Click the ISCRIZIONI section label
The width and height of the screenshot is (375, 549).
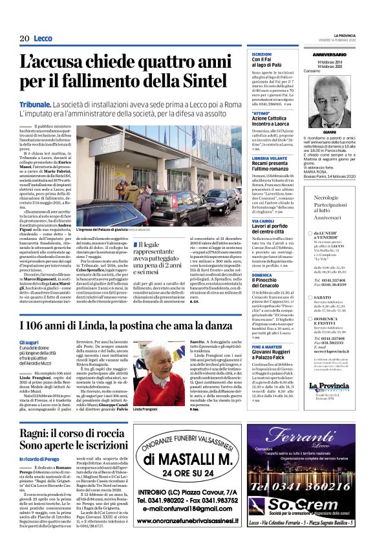[x=262, y=54]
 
